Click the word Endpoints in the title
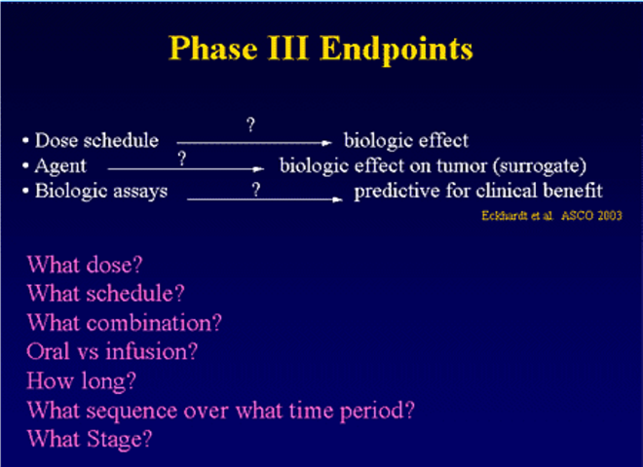click(397, 50)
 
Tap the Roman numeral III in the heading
click(287, 48)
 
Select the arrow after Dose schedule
click(254, 143)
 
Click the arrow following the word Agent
click(186, 168)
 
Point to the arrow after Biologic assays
click(264, 199)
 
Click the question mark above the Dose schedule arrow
click(251, 125)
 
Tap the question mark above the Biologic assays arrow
click(256, 190)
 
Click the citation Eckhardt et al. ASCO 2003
click(551, 215)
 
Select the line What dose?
click(85, 265)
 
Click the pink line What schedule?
click(106, 294)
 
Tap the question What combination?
click(125, 323)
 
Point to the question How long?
click(81, 381)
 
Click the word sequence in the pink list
click(132, 411)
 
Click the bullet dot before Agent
click(26, 166)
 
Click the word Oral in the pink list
click(48, 351)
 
